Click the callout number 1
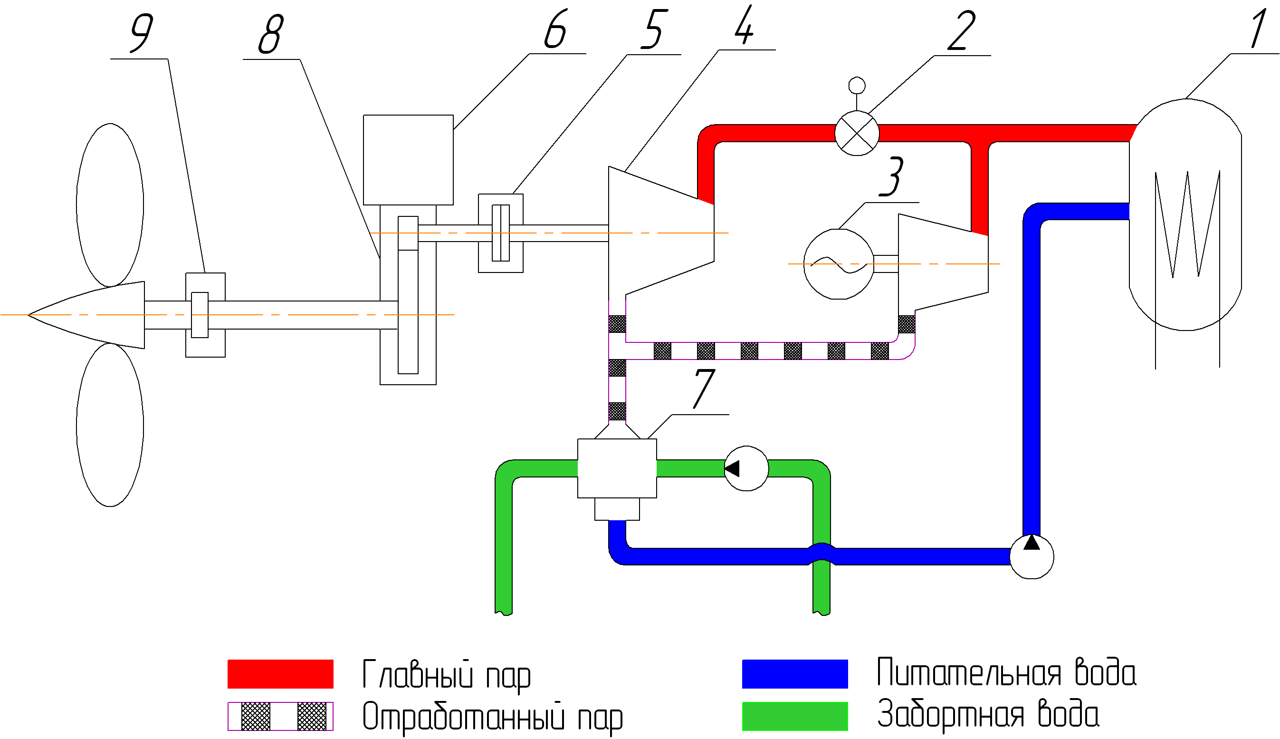point(1259,29)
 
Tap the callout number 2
point(961,31)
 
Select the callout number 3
point(891,177)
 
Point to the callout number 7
point(704,388)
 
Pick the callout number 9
point(142,33)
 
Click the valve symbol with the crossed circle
point(857,134)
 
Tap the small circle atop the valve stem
point(857,85)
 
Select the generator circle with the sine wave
point(839,264)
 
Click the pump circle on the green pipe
point(746,468)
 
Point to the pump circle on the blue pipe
point(1032,557)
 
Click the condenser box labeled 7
point(617,468)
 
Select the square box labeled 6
point(408,160)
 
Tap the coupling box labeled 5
point(500,233)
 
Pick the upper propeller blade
point(110,204)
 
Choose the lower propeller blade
point(110,425)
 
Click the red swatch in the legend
point(280,674)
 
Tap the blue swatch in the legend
point(795,674)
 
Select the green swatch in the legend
point(795,716)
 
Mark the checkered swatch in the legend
point(280,716)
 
